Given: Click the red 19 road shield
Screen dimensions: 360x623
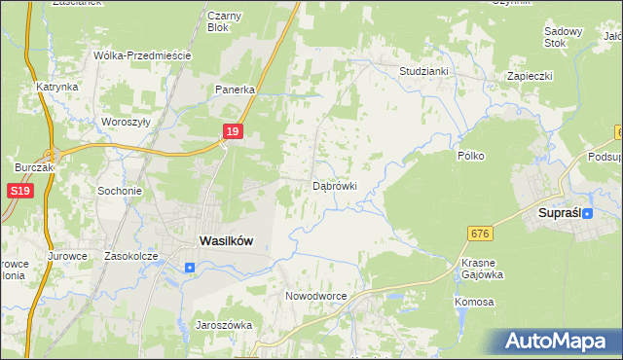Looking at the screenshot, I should (x=232, y=130).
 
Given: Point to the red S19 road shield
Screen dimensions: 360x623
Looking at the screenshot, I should (x=21, y=192).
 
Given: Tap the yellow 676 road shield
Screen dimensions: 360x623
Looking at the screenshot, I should (x=478, y=234).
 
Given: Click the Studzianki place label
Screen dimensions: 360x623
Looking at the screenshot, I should (x=423, y=71).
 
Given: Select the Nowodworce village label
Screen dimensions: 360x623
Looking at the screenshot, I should (x=315, y=295).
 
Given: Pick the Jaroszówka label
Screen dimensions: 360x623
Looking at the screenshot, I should (x=224, y=325).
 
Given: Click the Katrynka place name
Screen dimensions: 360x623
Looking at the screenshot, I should (x=57, y=87).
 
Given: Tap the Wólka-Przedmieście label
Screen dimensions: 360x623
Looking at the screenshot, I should (x=141, y=55).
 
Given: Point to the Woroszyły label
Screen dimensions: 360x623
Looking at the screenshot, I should (x=126, y=123).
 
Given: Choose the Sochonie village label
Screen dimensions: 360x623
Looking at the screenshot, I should (x=120, y=191).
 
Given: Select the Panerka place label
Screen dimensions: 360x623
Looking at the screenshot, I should (x=236, y=89).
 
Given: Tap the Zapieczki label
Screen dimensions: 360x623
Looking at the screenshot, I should (x=530, y=75).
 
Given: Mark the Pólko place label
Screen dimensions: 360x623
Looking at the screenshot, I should (x=471, y=156).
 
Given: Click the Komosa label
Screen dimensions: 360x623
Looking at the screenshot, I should (x=474, y=302).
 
